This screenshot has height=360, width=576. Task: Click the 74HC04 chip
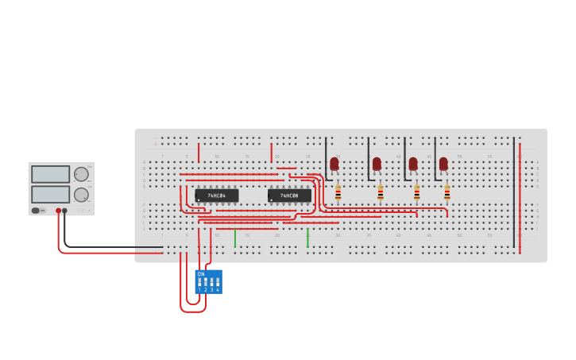pyautogui.click(x=216, y=195)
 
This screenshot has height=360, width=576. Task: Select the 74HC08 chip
pyautogui.click(x=289, y=195)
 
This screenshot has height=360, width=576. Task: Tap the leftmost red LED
pyautogui.click(x=334, y=164)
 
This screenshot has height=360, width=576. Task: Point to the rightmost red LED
pyautogui.click(x=443, y=164)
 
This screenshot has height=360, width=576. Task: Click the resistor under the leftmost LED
pyautogui.click(x=338, y=192)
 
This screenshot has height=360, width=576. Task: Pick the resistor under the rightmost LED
pyautogui.click(x=447, y=192)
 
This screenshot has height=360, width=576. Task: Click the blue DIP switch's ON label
pyautogui.click(x=201, y=274)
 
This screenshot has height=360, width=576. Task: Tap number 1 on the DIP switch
pyautogui.click(x=199, y=290)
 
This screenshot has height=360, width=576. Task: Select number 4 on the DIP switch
pyautogui.click(x=218, y=290)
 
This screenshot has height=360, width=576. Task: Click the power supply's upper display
pyautogui.click(x=51, y=174)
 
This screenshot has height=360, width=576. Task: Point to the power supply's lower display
pyautogui.click(x=51, y=194)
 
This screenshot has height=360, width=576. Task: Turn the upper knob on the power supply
pyautogui.click(x=81, y=174)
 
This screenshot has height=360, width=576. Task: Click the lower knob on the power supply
pyautogui.click(x=81, y=195)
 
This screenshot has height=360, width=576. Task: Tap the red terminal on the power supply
pyautogui.click(x=58, y=211)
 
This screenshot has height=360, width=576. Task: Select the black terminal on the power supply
pyautogui.click(x=65, y=211)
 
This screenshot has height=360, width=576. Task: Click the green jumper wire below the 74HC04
pyautogui.click(x=235, y=238)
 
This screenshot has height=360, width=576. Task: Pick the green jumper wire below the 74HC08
pyautogui.click(x=307, y=238)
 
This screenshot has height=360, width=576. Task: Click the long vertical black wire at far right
pyautogui.click(x=514, y=191)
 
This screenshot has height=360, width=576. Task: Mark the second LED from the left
pyautogui.click(x=377, y=164)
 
